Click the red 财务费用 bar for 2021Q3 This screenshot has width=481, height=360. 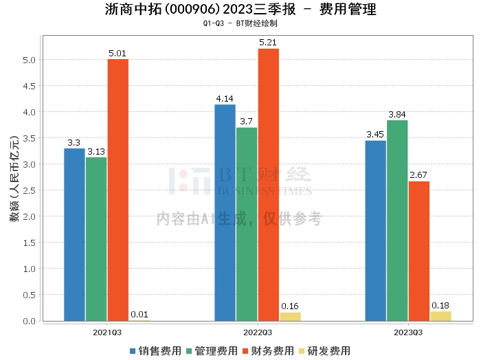(x=118, y=190)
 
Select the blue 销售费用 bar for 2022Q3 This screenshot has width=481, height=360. (x=225, y=212)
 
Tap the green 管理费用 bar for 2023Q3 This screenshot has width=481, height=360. (x=397, y=221)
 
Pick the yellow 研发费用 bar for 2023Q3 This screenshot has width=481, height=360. (x=440, y=316)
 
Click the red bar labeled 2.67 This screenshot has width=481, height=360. (x=418, y=251)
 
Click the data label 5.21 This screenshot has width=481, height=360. (x=268, y=43)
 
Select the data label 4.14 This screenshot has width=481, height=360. (x=225, y=99)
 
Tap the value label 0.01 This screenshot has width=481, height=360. (x=139, y=315)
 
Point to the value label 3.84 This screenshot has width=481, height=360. (x=397, y=114)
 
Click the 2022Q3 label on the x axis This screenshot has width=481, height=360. (x=258, y=332)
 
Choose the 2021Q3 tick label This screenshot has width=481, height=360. (x=107, y=332)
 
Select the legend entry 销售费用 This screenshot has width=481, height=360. (x=155, y=351)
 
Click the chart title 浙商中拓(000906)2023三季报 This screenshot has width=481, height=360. (x=199, y=10)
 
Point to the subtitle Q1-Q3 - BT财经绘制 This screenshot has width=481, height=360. (x=240, y=23)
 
